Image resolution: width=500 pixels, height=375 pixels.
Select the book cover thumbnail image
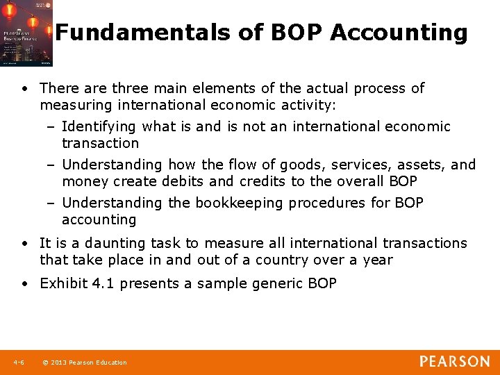tap(26, 33)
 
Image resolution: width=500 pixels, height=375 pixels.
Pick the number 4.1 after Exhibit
tap(104, 283)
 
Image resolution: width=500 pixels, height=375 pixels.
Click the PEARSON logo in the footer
tap(454, 362)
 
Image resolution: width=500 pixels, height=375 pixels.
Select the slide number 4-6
tap(19, 362)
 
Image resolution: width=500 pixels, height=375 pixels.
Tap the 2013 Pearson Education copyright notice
tap(85, 362)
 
